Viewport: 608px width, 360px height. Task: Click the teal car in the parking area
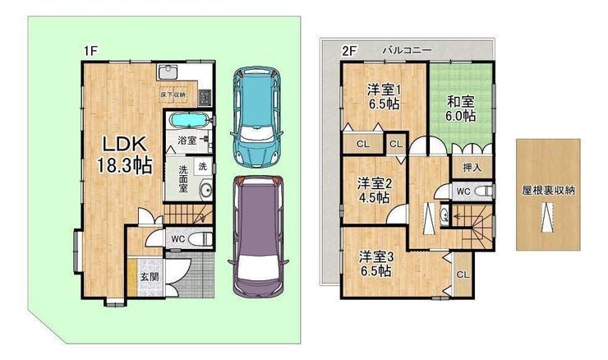click(x=256, y=116)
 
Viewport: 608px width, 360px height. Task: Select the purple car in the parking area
click(x=258, y=237)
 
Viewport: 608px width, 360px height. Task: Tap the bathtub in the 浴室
click(x=189, y=120)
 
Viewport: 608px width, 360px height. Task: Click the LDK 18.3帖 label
click(x=124, y=155)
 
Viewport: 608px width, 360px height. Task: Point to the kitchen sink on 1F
click(x=168, y=72)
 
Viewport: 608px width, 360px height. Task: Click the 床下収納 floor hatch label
click(x=173, y=95)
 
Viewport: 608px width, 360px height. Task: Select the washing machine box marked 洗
click(x=203, y=166)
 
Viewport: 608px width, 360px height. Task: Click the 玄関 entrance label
click(x=150, y=277)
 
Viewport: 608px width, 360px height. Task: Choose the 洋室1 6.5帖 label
click(x=384, y=97)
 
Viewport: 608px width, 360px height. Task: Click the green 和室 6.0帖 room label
click(x=461, y=109)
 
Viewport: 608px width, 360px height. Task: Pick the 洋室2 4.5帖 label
click(x=374, y=191)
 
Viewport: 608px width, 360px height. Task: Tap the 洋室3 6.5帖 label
click(x=376, y=264)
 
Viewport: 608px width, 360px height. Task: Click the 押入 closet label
click(x=472, y=168)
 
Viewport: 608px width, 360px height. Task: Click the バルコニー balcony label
click(x=408, y=50)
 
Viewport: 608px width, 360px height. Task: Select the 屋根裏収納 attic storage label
click(x=548, y=190)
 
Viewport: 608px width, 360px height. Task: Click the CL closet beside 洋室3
click(x=463, y=275)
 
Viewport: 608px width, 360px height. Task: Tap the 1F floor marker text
click(x=90, y=51)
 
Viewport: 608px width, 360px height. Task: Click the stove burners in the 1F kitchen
click(x=204, y=97)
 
